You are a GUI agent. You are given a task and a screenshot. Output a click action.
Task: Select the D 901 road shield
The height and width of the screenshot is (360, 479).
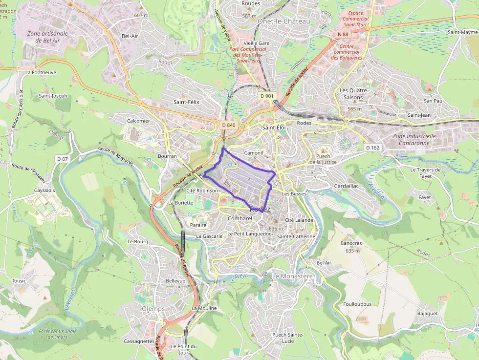(x=267, y=96)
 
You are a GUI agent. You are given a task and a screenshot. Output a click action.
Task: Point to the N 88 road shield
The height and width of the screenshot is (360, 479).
(x=343, y=34)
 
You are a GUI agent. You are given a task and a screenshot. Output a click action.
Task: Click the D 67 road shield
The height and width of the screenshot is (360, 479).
(x=62, y=159)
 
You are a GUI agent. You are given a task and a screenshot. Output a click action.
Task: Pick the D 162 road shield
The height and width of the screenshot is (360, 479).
(x=372, y=148)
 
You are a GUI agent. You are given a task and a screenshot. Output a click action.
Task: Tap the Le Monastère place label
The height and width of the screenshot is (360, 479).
(x=292, y=276)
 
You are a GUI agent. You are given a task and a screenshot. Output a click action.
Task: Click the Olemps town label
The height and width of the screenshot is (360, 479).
(x=153, y=309)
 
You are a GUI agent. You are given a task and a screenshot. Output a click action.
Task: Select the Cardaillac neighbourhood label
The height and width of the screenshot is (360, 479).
(x=346, y=186)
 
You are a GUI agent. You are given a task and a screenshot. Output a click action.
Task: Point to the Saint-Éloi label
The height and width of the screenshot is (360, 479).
(x=274, y=127)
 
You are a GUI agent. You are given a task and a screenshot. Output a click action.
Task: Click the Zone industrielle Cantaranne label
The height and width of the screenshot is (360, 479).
(x=414, y=139)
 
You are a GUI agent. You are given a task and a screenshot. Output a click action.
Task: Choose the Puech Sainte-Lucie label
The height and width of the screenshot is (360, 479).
(x=288, y=338)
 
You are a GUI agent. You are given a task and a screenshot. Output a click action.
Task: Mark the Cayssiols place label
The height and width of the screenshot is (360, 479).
(x=44, y=190)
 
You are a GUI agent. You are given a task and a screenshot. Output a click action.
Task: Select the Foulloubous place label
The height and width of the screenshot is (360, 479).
(x=357, y=304)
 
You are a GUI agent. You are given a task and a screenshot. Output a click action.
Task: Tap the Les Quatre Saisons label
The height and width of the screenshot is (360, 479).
(x=353, y=94)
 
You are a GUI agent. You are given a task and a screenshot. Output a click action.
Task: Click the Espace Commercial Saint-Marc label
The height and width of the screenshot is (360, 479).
(x=356, y=19)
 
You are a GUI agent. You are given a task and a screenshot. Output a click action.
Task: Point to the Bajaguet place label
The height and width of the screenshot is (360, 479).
(x=427, y=313)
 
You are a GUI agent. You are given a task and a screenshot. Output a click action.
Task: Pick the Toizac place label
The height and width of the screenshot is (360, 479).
(x=19, y=281)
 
